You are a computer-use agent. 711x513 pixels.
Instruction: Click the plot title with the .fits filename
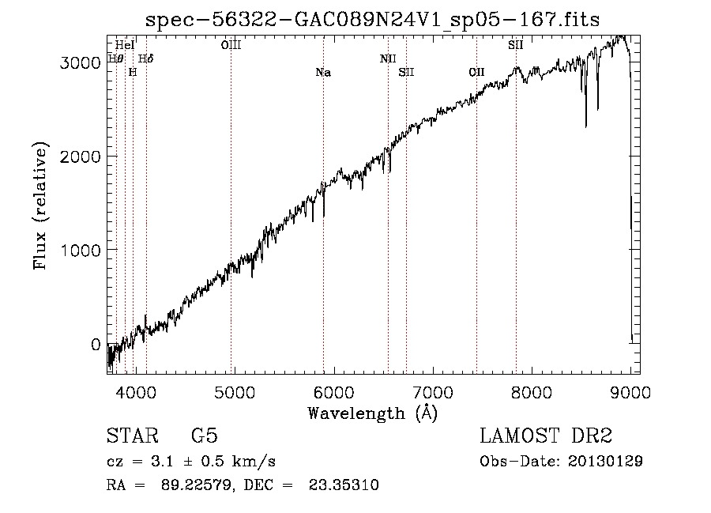pos(374,20)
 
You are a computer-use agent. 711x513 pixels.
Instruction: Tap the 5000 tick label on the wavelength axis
pos(235,390)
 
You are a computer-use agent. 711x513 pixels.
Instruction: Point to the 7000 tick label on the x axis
pos(433,390)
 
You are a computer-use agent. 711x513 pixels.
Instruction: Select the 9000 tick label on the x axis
pos(630,390)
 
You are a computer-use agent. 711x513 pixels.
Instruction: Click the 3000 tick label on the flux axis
pos(81,63)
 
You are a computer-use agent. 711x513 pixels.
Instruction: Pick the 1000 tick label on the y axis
pos(81,251)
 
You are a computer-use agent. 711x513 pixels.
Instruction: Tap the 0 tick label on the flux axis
pos(96,345)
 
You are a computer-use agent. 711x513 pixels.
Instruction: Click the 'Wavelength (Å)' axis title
pos(372,413)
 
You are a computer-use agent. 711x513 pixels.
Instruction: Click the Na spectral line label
pos(323,73)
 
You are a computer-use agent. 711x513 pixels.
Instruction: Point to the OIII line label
pos(231,45)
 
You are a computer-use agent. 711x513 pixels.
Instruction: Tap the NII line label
pos(388,58)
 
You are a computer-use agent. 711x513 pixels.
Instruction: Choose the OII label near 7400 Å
pos(476,73)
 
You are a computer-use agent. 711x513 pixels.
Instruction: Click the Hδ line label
pos(146,58)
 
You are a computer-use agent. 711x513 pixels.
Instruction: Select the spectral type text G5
pos(205,436)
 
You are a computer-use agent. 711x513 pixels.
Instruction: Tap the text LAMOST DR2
pos(546,436)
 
